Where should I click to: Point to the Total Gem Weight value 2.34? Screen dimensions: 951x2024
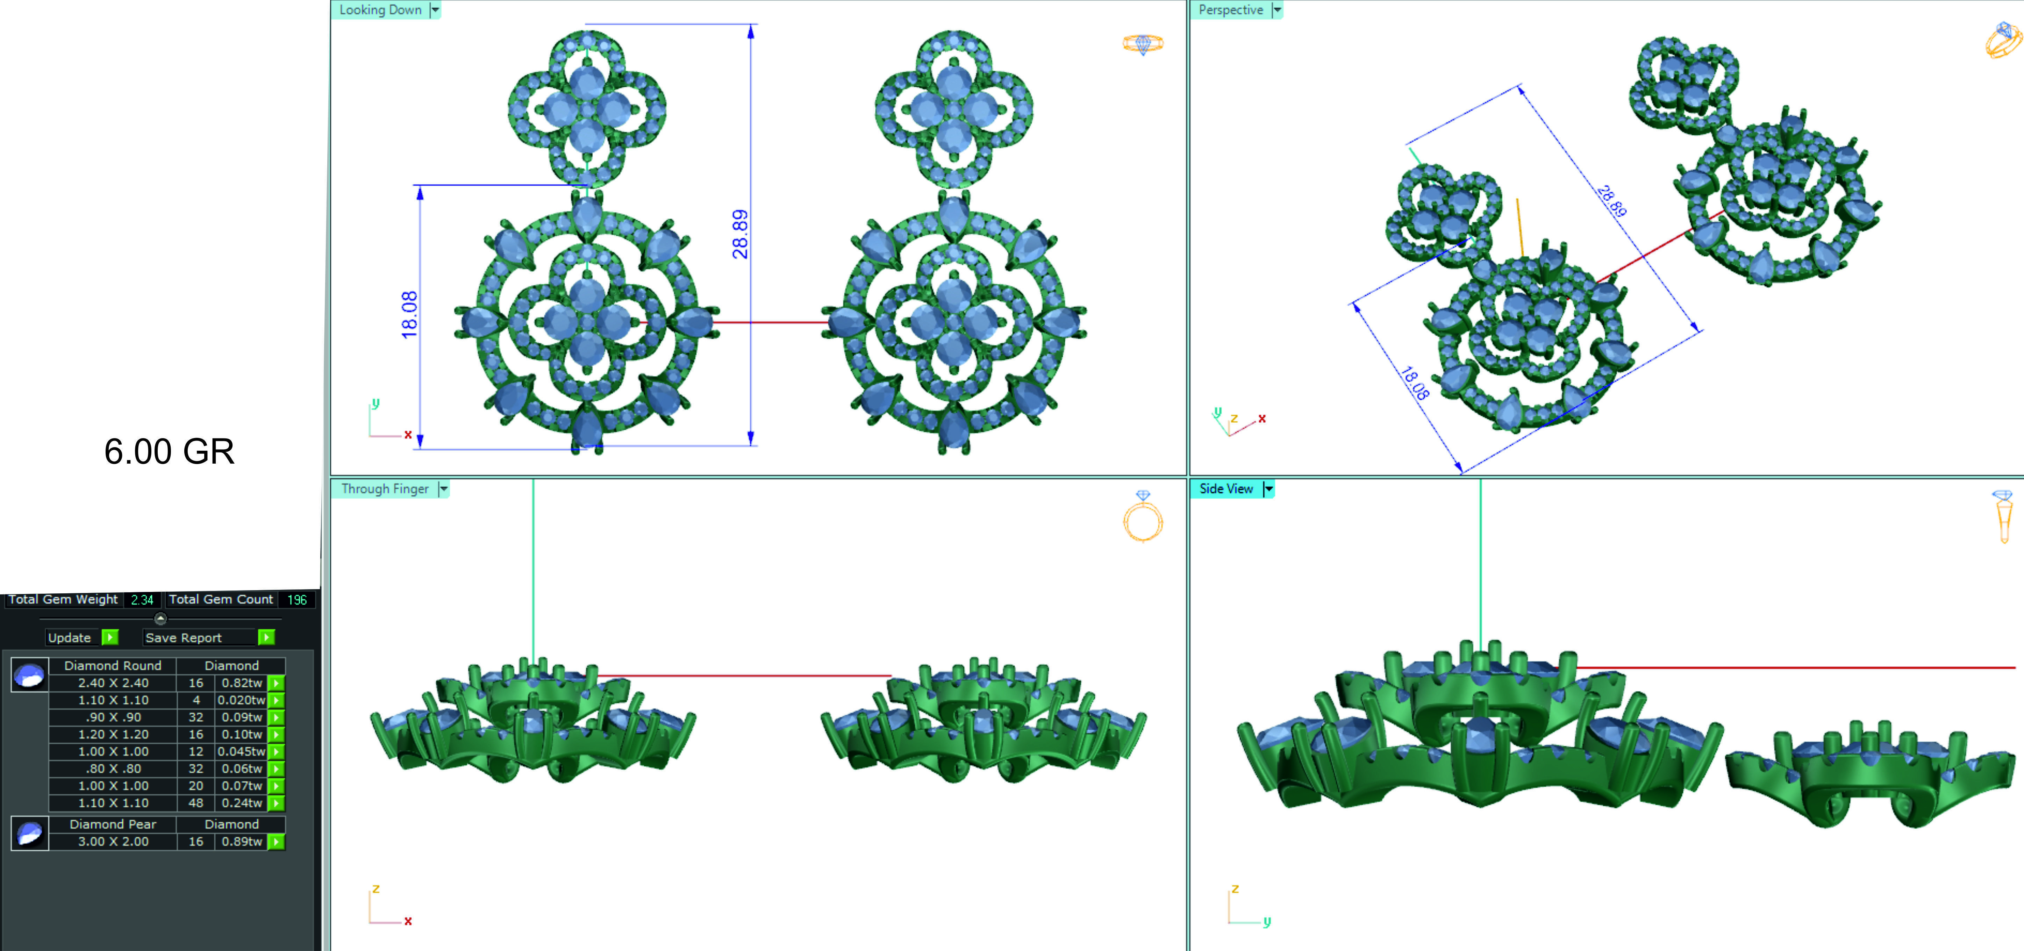coord(142,600)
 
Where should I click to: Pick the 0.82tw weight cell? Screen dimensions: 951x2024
coord(241,683)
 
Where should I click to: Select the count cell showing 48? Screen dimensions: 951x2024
coord(196,802)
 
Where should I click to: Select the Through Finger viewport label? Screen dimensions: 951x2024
coord(385,489)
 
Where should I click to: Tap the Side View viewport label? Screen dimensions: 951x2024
coord(1226,489)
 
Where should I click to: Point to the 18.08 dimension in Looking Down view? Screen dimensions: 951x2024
coord(409,315)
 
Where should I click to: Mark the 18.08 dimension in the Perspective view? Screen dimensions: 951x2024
coord(1414,384)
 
